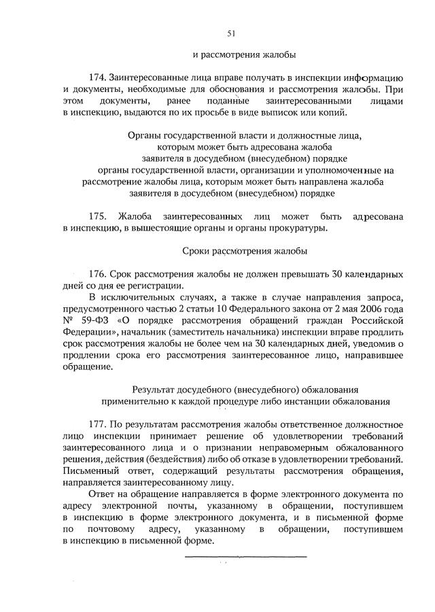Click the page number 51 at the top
click(230, 33)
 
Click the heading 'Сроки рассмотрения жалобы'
click(245, 251)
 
